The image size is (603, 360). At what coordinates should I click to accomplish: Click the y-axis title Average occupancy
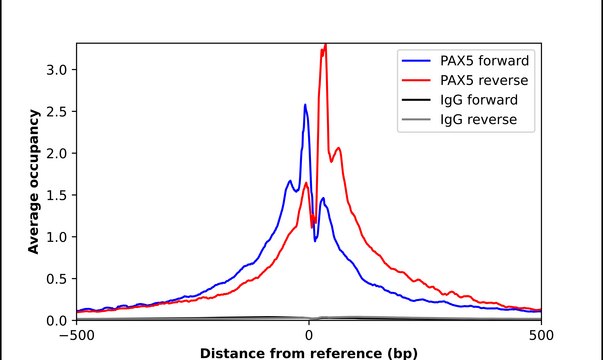click(x=33, y=182)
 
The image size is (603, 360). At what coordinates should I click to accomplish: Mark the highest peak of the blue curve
click(x=305, y=104)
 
